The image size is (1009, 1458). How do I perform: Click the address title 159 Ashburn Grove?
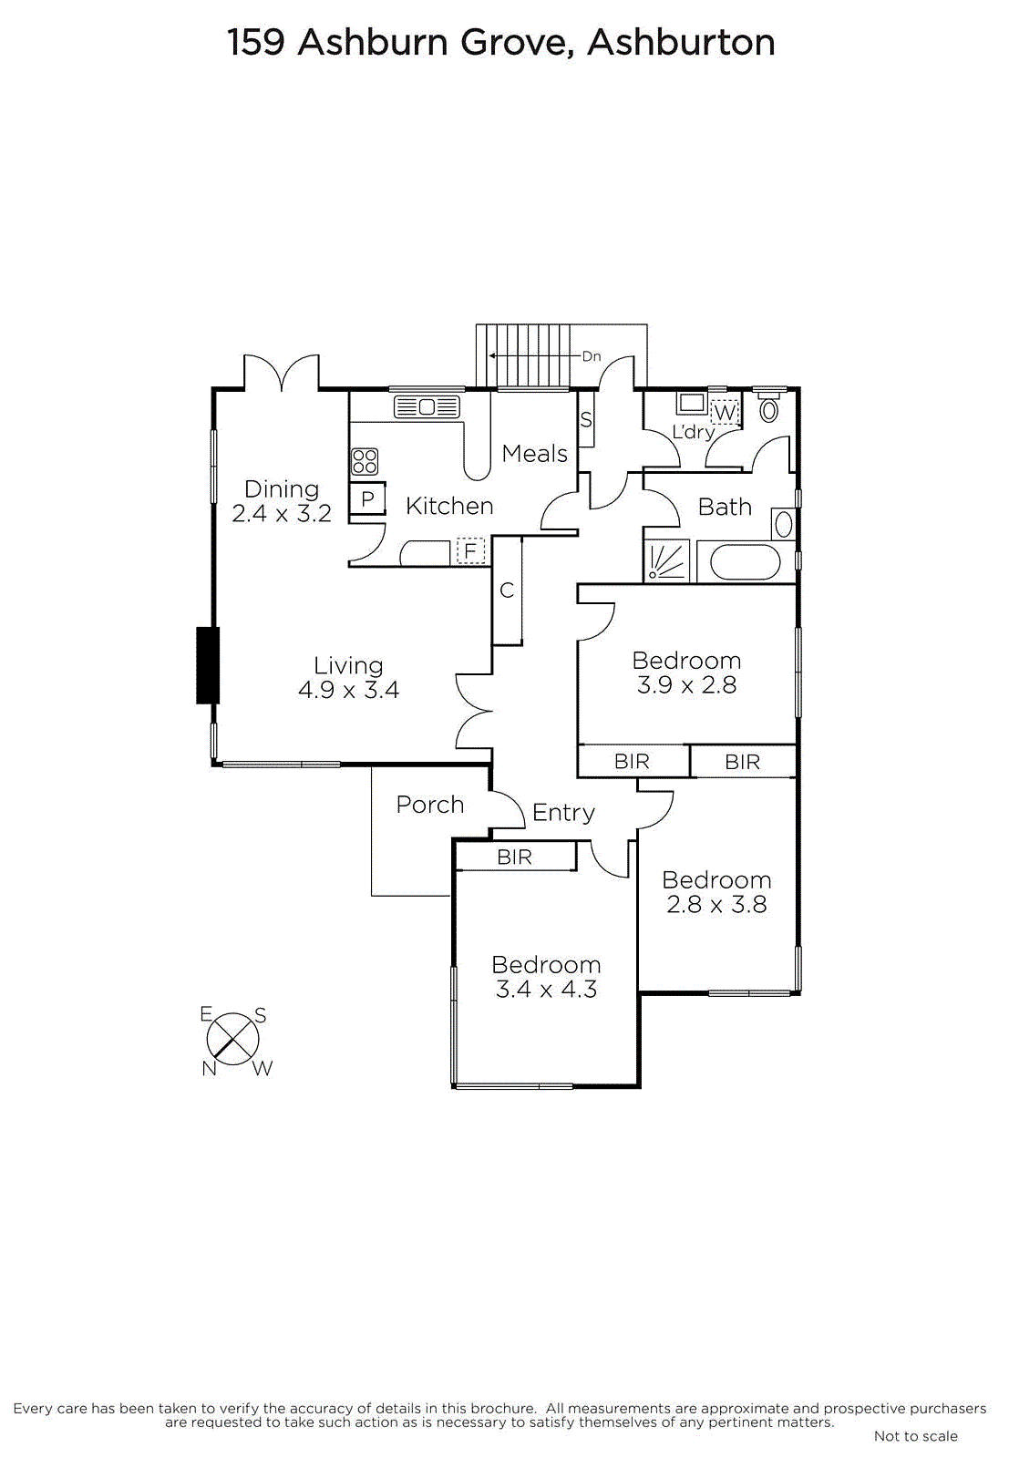(x=500, y=42)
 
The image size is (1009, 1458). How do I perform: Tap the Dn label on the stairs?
(x=592, y=356)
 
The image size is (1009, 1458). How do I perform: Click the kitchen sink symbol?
(x=427, y=407)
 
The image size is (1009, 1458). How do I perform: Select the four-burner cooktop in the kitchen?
(x=365, y=461)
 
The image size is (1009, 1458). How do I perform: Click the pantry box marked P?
(x=367, y=499)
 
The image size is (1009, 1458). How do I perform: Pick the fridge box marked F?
(x=470, y=550)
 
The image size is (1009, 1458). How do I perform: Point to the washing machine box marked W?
(x=725, y=413)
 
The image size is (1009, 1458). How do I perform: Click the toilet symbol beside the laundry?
(x=769, y=409)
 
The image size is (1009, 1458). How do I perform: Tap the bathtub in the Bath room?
(x=745, y=562)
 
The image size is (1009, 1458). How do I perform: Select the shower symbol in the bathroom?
(x=666, y=561)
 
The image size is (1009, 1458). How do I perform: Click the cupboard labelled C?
(x=508, y=590)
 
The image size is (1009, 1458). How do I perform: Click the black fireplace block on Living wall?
(x=208, y=665)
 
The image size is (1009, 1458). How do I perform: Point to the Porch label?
(x=430, y=805)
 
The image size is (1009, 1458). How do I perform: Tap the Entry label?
(x=563, y=812)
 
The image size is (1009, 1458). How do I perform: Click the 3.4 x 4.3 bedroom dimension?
(x=546, y=990)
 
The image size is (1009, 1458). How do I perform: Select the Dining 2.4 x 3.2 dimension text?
(x=282, y=514)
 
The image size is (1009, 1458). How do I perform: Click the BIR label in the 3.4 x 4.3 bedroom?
(x=515, y=857)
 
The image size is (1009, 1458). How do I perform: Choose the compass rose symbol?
(x=233, y=1039)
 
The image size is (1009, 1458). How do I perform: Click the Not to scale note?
(x=915, y=1436)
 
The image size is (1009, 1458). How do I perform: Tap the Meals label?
(x=534, y=453)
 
